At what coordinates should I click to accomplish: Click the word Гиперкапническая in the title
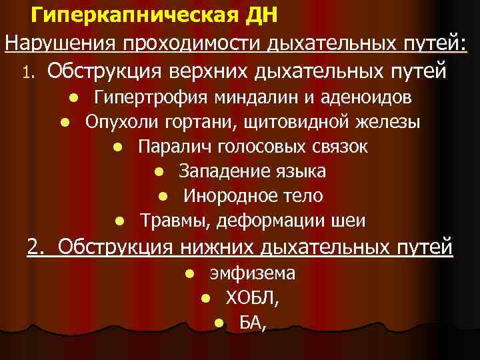click(123, 15)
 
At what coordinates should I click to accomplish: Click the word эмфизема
click(253, 274)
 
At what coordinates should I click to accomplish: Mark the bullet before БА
click(218, 323)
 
